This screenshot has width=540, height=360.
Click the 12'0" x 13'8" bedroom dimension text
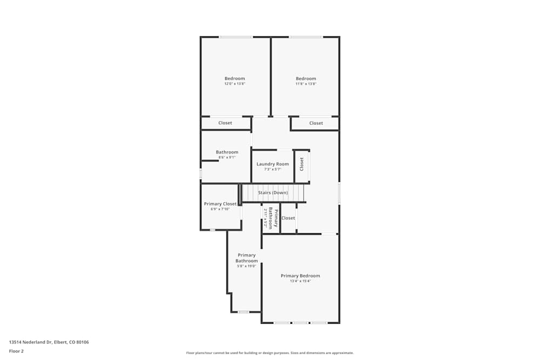point(235,84)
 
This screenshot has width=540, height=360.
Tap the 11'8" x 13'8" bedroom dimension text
point(306,84)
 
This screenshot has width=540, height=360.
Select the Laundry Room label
point(273,164)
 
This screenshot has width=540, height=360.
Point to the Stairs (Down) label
point(273,193)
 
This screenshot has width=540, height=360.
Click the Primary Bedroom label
point(300,276)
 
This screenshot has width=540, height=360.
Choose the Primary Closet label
point(220,204)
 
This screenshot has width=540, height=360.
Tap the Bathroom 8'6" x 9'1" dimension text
point(227,158)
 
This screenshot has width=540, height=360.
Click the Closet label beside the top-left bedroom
point(225,123)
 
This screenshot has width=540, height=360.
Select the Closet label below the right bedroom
point(316,123)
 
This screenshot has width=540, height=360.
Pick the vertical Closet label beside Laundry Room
point(302,164)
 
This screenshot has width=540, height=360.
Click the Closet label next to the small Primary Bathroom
point(288,218)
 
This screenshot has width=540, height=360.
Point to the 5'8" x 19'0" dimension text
point(246,266)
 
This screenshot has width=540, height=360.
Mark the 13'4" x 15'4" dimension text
point(300,281)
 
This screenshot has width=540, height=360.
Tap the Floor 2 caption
point(16,351)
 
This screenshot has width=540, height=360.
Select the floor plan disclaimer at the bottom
point(270,353)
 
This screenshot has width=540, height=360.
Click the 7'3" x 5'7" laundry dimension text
point(273,169)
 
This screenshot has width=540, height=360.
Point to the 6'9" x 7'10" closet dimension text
point(220,209)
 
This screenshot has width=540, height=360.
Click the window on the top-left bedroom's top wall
point(235,37)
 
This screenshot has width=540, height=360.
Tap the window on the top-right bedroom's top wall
point(306,37)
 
